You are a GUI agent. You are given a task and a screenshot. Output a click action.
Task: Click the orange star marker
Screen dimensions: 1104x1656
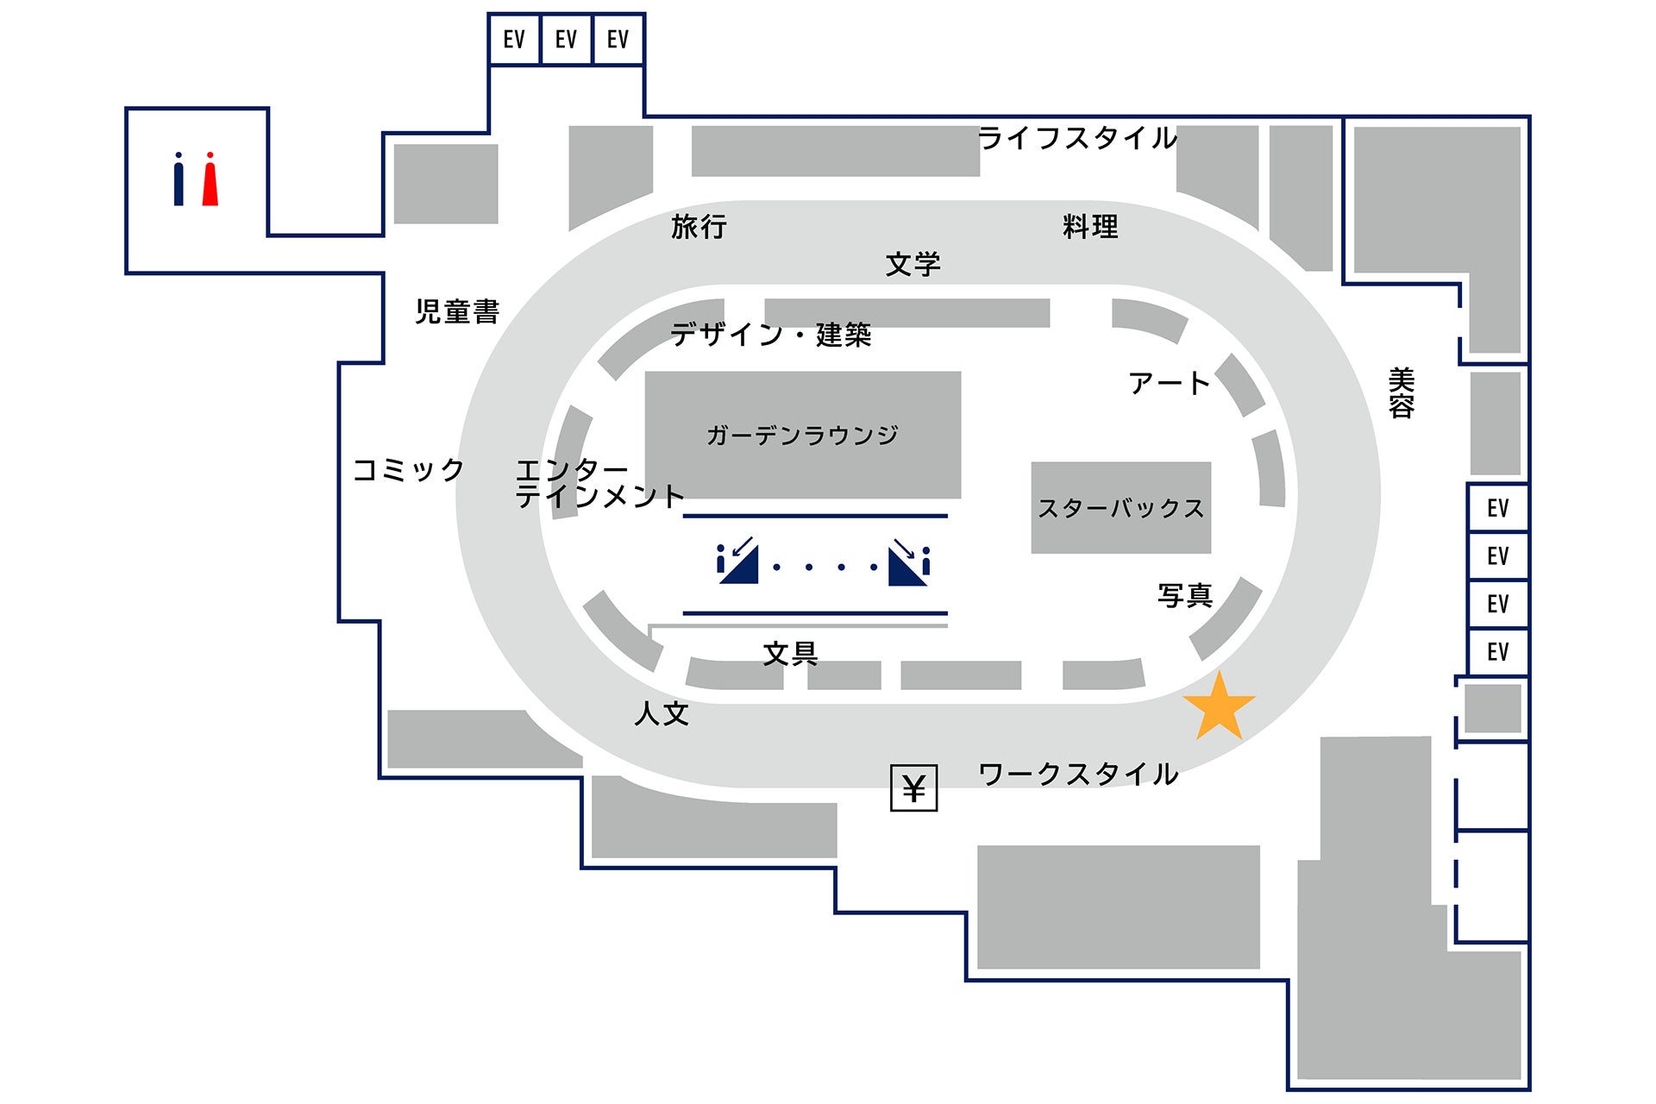coord(1219,708)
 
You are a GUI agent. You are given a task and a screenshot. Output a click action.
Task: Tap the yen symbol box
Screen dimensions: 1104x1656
coord(913,787)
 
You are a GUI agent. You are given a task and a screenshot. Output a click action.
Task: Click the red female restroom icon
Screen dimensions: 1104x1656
coord(210,179)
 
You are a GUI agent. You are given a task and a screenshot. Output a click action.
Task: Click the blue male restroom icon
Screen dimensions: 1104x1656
coord(179,179)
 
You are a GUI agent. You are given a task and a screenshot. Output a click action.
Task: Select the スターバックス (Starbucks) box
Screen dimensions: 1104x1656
coord(1120,508)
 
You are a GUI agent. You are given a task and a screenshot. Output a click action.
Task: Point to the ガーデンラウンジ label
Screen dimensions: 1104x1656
coord(802,435)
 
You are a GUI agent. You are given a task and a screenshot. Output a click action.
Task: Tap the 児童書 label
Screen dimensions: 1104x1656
coord(457,311)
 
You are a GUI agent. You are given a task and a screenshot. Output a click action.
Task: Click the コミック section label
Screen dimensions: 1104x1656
coord(409,470)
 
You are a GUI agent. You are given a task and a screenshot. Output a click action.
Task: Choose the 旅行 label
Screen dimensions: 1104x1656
coord(699,227)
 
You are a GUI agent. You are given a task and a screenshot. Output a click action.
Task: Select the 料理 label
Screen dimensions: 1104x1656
coord(1090,227)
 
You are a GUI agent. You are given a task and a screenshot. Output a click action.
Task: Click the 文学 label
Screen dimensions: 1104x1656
coord(913,264)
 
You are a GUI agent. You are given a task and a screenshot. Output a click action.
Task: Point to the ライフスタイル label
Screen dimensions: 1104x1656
coord(1078,138)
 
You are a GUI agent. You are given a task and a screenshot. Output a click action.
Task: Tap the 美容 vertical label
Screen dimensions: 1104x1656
coord(1402,393)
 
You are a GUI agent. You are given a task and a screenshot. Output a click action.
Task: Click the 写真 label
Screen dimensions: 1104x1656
coord(1185,595)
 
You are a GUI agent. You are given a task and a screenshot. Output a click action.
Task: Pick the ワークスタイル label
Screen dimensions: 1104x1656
coord(1078,774)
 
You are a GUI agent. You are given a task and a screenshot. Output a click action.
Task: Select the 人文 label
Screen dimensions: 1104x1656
coord(662,713)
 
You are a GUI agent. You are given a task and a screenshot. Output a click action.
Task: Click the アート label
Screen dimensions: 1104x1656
coord(1169,383)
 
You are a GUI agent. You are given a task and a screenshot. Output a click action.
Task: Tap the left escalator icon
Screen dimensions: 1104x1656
coord(737,561)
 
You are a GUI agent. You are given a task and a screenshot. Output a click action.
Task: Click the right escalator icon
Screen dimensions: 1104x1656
coord(909,561)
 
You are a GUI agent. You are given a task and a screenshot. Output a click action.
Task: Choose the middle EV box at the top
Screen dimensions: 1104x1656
coord(566,40)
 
